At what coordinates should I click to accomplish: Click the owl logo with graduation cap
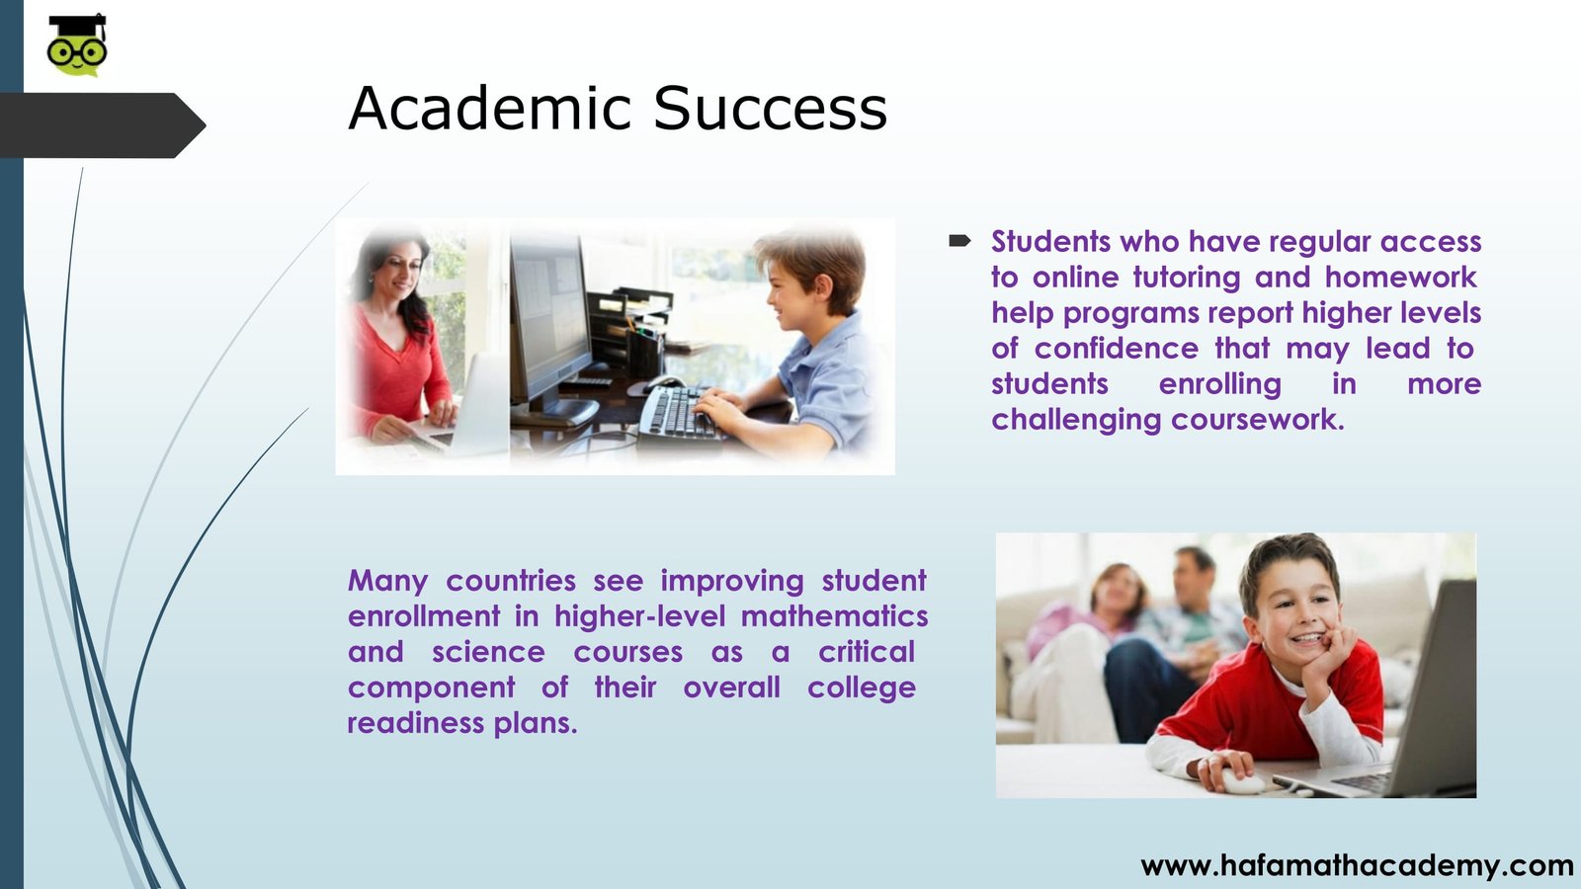click(x=77, y=44)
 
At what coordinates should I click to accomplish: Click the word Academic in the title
click(x=489, y=108)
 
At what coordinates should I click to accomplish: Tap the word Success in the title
click(x=770, y=108)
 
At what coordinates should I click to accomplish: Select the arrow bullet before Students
click(x=959, y=241)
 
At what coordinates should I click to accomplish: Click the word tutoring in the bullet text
click(x=1187, y=278)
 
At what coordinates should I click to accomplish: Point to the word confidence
click(x=1117, y=348)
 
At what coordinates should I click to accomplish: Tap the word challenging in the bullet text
click(x=1076, y=421)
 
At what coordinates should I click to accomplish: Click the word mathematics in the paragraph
click(x=834, y=616)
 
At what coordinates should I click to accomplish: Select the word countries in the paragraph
click(x=511, y=581)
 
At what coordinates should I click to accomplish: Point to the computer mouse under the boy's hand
click(x=1243, y=781)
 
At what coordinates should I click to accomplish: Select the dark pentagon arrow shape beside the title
click(x=103, y=124)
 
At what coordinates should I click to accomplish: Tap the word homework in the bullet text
click(x=1400, y=278)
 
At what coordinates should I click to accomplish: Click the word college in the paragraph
click(x=862, y=687)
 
